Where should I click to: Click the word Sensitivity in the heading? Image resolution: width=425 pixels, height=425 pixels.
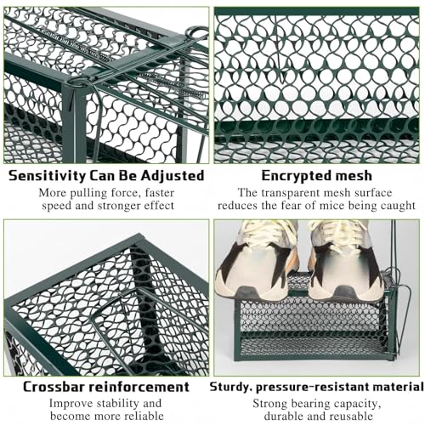pyautogui.click(x=47, y=176)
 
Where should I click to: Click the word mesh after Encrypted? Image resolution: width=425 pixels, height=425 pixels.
pyautogui.click(x=352, y=176)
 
